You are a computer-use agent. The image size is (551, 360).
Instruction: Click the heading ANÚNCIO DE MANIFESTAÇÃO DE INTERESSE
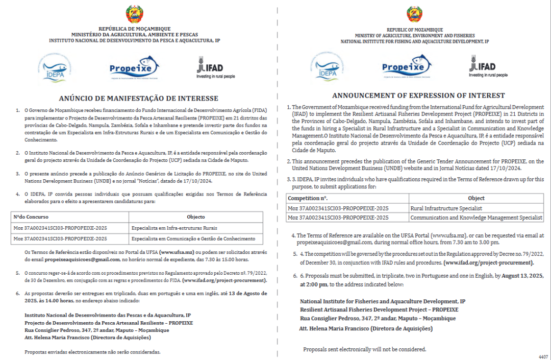coord(138,99)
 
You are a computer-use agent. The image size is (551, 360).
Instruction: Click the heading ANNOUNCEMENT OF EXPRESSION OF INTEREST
coord(411,95)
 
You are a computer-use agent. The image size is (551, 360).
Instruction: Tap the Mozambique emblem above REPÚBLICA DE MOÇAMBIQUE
coord(134,14)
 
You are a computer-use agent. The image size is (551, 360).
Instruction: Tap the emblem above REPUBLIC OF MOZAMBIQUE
coord(414,15)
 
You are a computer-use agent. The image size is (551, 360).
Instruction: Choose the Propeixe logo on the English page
coord(403,67)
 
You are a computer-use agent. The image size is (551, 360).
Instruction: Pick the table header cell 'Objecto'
coord(195,217)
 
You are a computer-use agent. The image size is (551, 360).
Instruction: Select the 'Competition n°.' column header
coord(308,198)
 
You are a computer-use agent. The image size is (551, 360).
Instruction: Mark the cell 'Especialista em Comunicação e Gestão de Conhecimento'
coord(193,238)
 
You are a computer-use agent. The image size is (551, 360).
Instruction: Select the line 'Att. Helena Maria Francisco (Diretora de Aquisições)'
coord(365,328)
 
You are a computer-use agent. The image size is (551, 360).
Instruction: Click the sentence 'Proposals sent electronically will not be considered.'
coord(364,350)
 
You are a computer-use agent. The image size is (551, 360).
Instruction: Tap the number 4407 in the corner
coord(543,356)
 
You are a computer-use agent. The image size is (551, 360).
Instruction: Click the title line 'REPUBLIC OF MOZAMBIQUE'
coord(414,30)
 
